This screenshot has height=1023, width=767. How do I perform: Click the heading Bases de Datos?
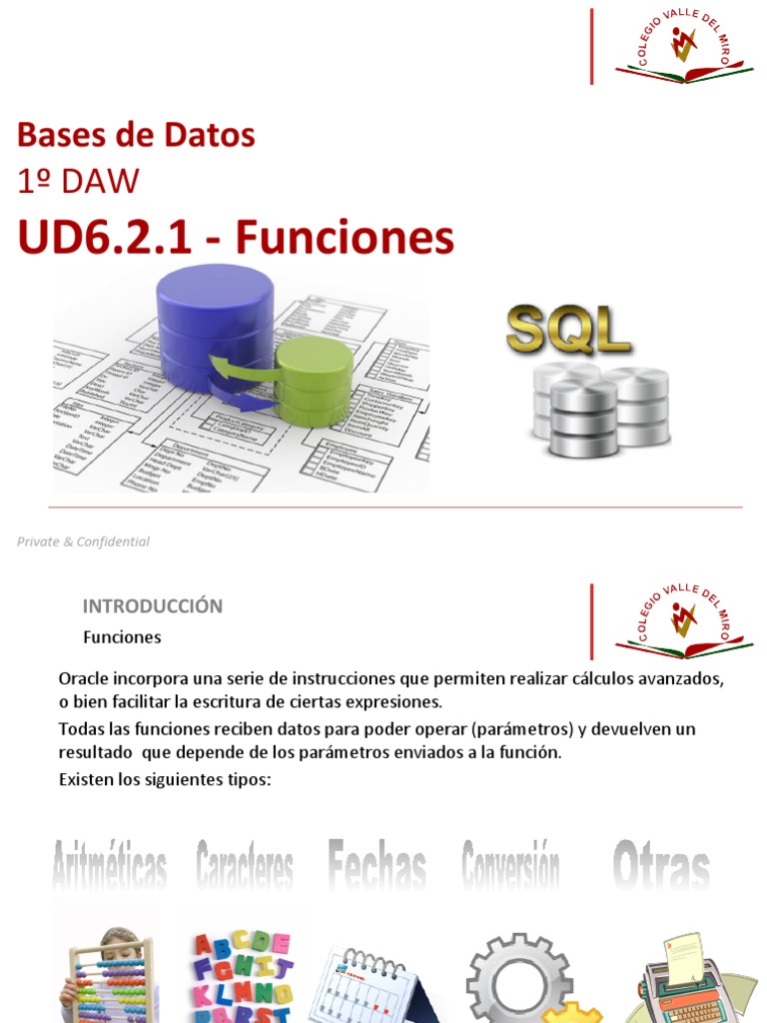pyautogui.click(x=137, y=134)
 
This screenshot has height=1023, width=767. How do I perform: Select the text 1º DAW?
pyautogui.click(x=79, y=181)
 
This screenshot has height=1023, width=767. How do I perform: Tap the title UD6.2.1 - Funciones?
pyautogui.click(x=236, y=238)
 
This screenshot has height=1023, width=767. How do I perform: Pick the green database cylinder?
pyautogui.click(x=314, y=380)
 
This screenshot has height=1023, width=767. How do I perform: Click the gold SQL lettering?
pyautogui.click(x=568, y=331)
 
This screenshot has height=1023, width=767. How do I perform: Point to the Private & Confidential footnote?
pyautogui.click(x=83, y=541)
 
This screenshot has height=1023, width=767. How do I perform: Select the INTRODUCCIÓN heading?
pyautogui.click(x=152, y=606)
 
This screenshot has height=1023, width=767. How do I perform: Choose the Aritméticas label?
pyautogui.click(x=109, y=865)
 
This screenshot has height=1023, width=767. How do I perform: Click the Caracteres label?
pyautogui.click(x=245, y=865)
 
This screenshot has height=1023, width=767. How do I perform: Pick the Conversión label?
pyautogui.click(x=510, y=863)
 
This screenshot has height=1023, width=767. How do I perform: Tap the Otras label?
pyautogui.click(x=661, y=865)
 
